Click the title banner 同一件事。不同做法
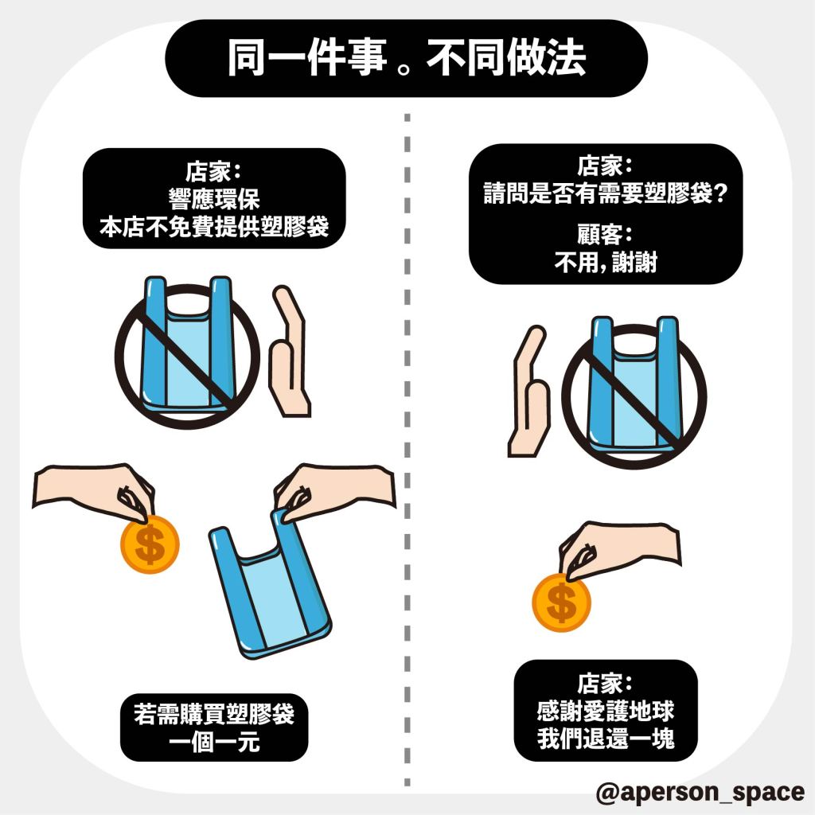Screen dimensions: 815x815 click(x=407, y=57)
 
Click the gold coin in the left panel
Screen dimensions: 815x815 click(x=150, y=544)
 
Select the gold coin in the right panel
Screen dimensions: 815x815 click(x=561, y=602)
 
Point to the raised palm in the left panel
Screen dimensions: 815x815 click(x=289, y=351)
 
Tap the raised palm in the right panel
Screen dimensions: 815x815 click(x=529, y=391)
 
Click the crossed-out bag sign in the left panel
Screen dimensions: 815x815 click(x=187, y=353)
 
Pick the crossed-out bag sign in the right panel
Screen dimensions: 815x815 click(x=634, y=393)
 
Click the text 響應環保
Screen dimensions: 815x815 click(x=214, y=199)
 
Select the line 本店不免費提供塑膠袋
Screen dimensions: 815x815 click(x=214, y=226)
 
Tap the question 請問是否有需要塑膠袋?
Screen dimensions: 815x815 click(x=606, y=193)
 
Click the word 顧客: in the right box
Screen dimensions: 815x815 click(x=606, y=235)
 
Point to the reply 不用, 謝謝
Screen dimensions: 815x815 click(x=606, y=262)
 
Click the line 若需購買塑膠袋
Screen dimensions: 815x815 click(x=214, y=714)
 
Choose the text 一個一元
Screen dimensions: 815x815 click(x=214, y=741)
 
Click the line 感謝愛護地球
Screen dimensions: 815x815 click(x=606, y=711)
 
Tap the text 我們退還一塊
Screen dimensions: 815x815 click(x=606, y=738)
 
